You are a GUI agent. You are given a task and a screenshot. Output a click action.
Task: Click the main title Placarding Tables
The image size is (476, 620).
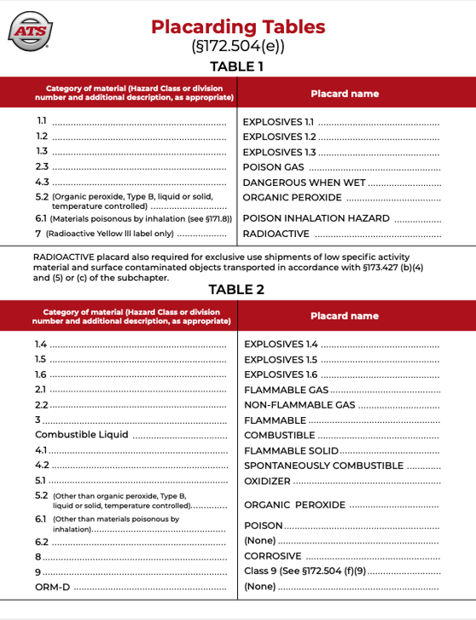[238, 26]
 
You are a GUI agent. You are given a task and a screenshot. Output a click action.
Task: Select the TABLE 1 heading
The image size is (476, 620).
[238, 66]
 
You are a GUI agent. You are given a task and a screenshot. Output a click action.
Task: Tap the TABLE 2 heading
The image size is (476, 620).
[238, 288]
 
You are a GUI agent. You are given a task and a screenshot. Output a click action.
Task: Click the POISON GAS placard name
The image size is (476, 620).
[273, 167]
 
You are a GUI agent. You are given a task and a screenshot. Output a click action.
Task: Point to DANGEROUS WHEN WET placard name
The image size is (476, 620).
[305, 183]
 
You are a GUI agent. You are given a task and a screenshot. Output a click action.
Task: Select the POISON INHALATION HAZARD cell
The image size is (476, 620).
[316, 218]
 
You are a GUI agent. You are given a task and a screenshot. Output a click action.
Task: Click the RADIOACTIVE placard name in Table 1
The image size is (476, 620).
[276, 234]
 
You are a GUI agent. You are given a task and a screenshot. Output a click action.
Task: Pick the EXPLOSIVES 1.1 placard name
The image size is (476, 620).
[279, 122]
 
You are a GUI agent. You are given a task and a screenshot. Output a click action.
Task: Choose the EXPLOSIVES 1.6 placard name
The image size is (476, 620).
[281, 374]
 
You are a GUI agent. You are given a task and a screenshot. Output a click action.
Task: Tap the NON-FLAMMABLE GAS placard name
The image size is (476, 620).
[299, 405]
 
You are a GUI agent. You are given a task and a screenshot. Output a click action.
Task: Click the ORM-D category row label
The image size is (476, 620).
[52, 587]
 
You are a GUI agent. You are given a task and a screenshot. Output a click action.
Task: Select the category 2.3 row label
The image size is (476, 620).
[42, 166]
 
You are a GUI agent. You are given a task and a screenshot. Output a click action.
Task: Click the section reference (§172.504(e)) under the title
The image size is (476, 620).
[238, 47]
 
